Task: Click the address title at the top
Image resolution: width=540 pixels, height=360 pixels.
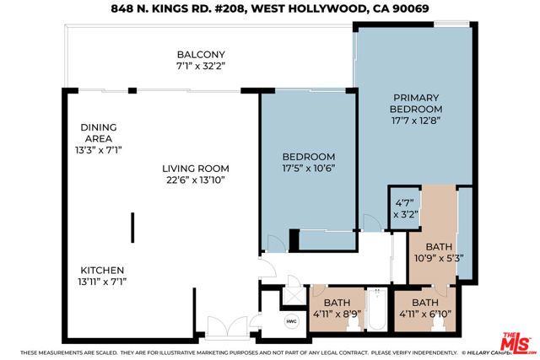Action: pyautogui.click(x=270, y=10)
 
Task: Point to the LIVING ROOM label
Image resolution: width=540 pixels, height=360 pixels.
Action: pyautogui.click(x=196, y=168)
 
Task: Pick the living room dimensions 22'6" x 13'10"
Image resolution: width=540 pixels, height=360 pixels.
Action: pyautogui.click(x=196, y=180)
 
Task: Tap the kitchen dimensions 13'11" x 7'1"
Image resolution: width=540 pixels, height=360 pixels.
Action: pyautogui.click(x=103, y=281)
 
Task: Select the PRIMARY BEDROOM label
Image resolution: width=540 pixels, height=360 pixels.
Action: pyautogui.click(x=415, y=103)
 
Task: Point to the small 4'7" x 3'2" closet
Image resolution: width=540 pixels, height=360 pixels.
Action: pyautogui.click(x=402, y=207)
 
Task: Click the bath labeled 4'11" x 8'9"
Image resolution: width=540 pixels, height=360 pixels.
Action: pyautogui.click(x=337, y=308)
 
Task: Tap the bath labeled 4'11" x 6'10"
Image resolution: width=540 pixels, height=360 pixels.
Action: pyautogui.click(x=424, y=308)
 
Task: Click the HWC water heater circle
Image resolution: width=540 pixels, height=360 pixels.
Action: pyautogui.click(x=292, y=321)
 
